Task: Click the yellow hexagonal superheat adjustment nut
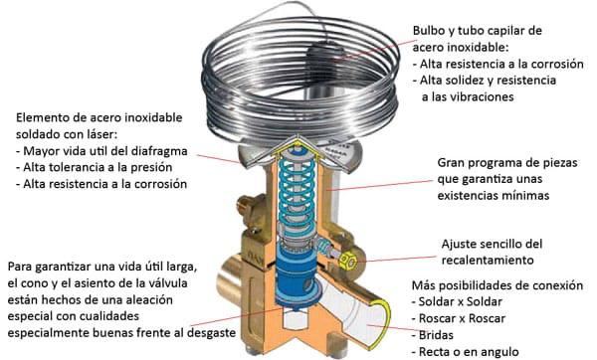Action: tap(347, 262)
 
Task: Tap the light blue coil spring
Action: tap(297, 194)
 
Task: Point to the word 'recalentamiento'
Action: tap(488, 261)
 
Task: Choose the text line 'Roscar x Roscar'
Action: tap(463, 318)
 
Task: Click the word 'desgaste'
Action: tap(211, 332)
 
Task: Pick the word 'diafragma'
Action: tap(159, 151)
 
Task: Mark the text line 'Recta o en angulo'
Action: tap(469, 352)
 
